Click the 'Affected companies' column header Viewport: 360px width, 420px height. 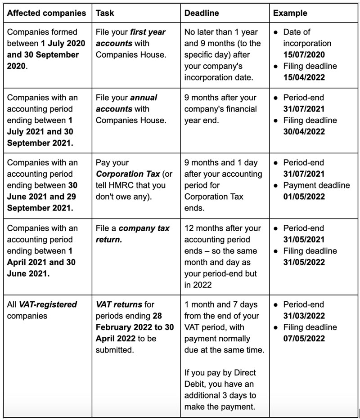click(x=46, y=13)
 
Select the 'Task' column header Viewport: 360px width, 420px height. click(x=105, y=13)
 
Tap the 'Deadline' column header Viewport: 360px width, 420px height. click(x=202, y=13)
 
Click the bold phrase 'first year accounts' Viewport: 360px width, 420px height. click(x=130, y=38)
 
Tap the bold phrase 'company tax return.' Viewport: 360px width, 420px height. click(x=133, y=233)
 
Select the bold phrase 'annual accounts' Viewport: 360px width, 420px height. click(x=127, y=103)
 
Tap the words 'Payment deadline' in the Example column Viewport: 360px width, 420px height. click(x=316, y=185)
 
